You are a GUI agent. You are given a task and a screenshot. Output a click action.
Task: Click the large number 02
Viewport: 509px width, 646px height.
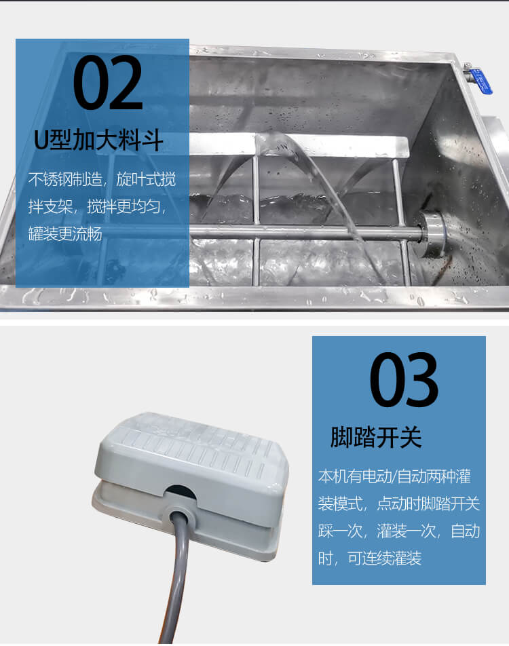pos(108,83)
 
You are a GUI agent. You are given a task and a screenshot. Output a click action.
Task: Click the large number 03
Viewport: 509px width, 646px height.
pos(404,379)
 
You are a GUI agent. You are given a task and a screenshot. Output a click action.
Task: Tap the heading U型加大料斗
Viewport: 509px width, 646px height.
pos(98,140)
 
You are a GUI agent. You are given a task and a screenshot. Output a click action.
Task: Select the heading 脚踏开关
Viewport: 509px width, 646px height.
pos(376,437)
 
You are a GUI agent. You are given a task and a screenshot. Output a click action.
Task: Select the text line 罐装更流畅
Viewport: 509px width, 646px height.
pos(65,233)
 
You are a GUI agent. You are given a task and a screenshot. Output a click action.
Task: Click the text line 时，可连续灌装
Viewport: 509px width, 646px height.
pos(370,558)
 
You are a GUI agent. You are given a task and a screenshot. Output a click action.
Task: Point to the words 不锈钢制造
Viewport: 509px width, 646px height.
pos(65,179)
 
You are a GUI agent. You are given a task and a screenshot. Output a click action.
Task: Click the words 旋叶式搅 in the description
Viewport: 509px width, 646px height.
pos(146,179)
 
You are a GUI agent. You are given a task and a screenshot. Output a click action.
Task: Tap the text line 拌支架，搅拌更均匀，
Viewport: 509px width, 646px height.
pos(98,206)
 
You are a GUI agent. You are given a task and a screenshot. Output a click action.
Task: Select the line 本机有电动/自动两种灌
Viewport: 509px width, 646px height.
pos(394,476)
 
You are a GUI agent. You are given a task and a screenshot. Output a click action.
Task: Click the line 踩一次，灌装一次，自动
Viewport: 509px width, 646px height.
pos(399,531)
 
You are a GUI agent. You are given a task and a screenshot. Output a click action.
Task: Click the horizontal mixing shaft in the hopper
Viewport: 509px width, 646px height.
pos(305,233)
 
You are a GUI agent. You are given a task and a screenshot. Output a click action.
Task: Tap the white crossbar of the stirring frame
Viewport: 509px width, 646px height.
pos(299,145)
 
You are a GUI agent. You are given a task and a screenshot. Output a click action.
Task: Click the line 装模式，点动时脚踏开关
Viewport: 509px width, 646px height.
pos(399,503)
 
